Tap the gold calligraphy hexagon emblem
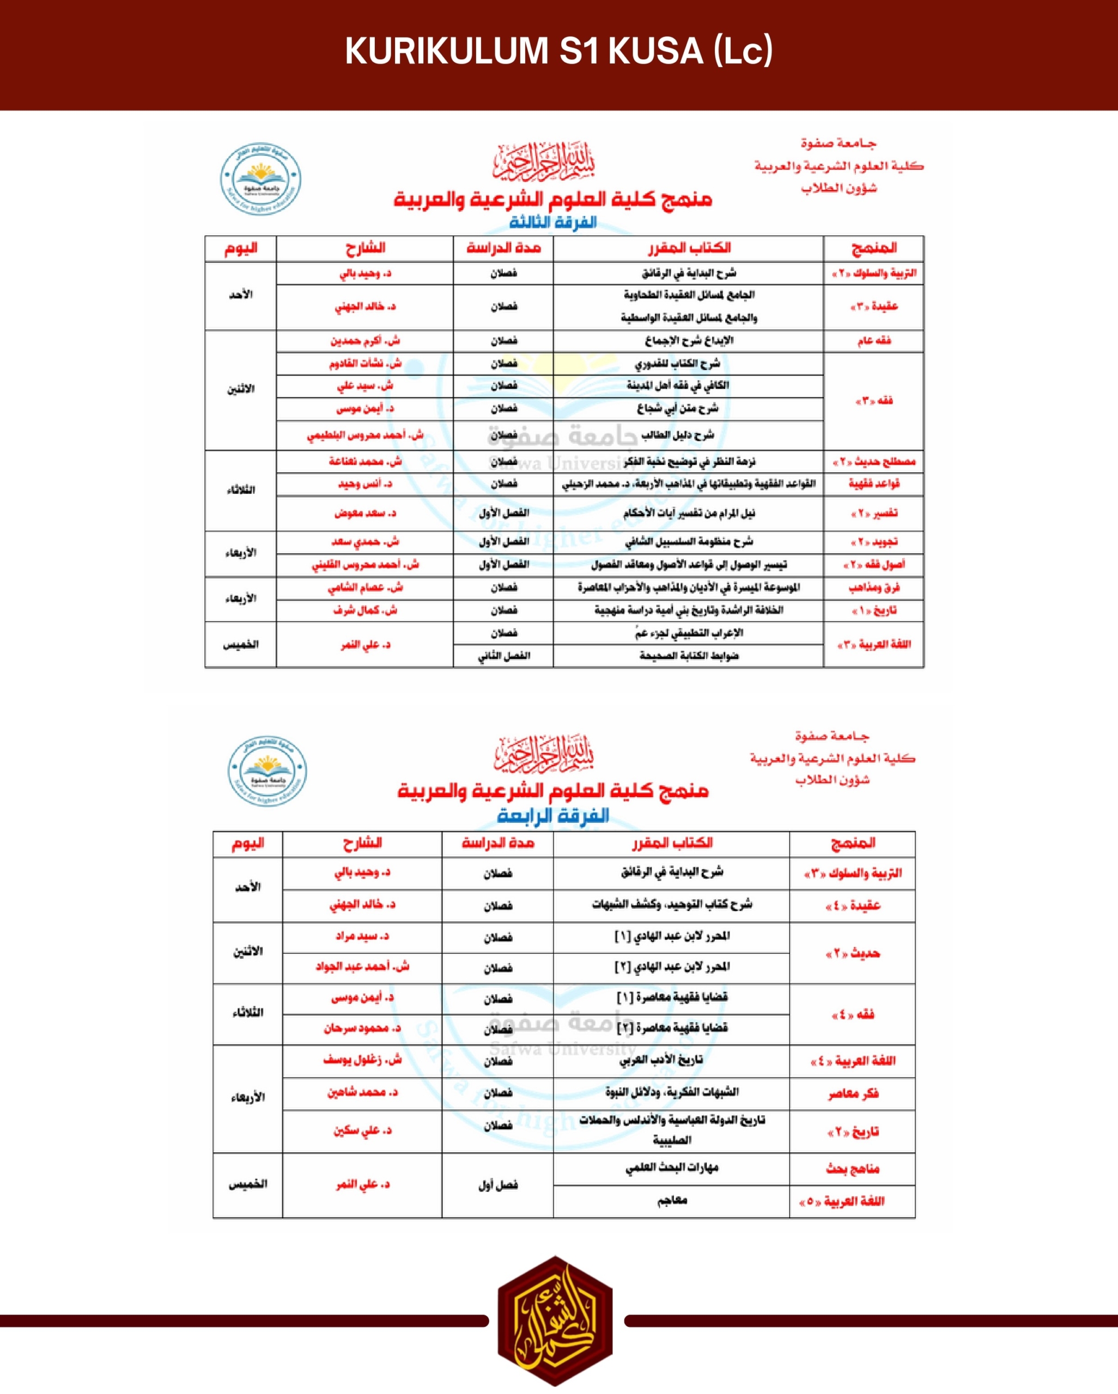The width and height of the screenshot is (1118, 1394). point(555,1320)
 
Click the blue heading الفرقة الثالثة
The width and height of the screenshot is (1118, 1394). point(552,222)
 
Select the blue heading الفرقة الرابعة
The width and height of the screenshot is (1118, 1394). point(553,815)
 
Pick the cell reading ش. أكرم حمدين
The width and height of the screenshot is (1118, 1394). point(365,341)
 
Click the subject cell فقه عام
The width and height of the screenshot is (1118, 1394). point(873,341)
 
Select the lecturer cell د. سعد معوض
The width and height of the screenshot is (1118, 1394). point(365,513)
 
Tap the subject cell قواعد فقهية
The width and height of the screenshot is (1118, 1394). point(873,484)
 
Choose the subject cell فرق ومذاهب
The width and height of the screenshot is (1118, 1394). point(873,588)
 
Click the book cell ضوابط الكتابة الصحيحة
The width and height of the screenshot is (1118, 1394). point(689,656)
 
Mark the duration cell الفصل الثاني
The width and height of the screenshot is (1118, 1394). point(503,656)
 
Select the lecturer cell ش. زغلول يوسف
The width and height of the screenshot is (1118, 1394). point(362,1060)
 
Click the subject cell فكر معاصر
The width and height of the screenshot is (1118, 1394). point(853,1093)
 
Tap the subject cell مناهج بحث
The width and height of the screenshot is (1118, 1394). point(853,1169)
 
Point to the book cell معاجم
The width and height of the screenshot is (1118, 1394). point(672,1201)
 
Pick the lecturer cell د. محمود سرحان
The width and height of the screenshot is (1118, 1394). point(362,1028)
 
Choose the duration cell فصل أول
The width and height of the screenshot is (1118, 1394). point(497,1184)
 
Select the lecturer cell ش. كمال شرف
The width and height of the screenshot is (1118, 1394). point(365,610)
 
